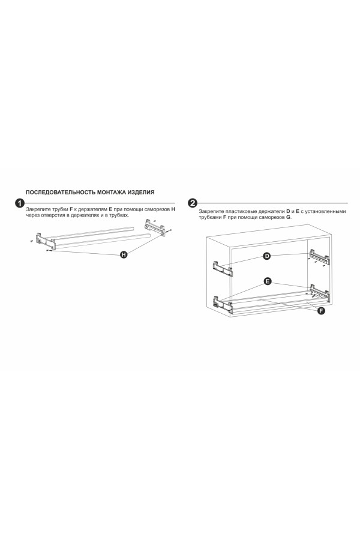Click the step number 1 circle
pos(20,203)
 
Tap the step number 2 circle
pos(193,203)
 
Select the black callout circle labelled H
pos(124,254)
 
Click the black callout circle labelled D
pos(267,256)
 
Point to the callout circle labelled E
pos(267,281)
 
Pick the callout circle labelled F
pos(321,311)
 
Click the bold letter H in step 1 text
pos(173,209)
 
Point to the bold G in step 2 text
pos(288,217)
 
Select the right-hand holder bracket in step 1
pos(154,226)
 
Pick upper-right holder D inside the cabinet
pos(319,256)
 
